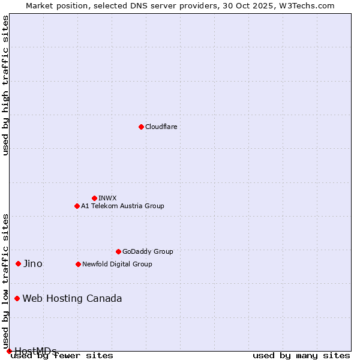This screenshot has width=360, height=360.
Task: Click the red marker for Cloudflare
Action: tap(141, 127)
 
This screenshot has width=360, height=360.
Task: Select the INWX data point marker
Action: tap(94, 198)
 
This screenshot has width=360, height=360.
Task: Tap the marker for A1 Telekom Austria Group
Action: tap(77, 206)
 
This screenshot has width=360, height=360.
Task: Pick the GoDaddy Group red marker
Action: tap(118, 251)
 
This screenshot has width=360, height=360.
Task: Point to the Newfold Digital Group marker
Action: tap(78, 264)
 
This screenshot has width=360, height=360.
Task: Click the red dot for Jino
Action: tap(19, 263)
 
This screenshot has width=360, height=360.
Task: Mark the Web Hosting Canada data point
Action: tap(17, 298)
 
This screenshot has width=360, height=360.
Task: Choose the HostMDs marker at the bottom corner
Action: tap(9, 351)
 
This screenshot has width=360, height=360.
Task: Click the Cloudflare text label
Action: tap(161, 127)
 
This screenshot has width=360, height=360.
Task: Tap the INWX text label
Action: tap(107, 198)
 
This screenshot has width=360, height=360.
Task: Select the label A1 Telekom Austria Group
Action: tap(122, 206)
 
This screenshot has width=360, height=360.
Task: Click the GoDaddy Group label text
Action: tap(148, 251)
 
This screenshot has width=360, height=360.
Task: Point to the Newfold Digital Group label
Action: tap(117, 264)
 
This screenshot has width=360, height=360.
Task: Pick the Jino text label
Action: tap(33, 263)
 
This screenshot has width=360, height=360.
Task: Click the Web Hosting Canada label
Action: tap(72, 298)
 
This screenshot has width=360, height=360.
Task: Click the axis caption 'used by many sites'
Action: tap(301, 356)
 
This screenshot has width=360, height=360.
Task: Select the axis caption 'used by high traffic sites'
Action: tap(6, 85)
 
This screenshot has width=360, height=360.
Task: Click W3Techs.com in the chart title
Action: tap(309, 5)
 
